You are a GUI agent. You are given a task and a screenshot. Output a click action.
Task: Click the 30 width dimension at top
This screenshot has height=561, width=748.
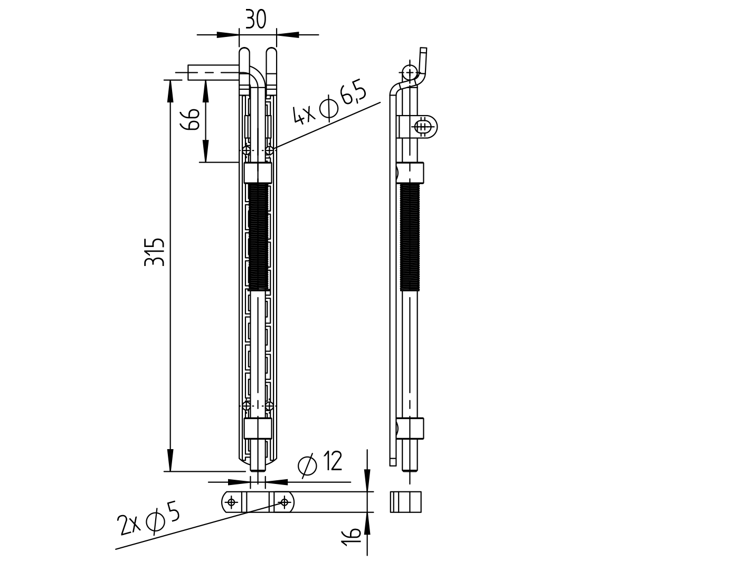(x=255, y=20)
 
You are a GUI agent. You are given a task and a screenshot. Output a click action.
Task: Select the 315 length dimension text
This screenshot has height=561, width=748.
(x=155, y=252)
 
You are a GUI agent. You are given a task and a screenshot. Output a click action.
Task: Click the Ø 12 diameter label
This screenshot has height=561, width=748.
(x=321, y=462)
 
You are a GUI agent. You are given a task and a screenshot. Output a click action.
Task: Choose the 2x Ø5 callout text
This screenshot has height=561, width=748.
(x=149, y=520)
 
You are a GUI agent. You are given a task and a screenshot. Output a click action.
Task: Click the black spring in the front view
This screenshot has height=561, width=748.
(x=258, y=236)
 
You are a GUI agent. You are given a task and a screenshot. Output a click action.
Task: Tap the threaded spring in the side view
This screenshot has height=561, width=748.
(x=411, y=236)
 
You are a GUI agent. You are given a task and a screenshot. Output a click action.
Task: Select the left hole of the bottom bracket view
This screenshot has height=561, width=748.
(x=232, y=501)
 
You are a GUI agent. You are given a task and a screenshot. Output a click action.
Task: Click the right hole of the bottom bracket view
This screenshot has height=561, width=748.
(x=284, y=501)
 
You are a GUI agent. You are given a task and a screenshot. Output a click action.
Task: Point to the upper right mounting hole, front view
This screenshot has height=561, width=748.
(x=270, y=151)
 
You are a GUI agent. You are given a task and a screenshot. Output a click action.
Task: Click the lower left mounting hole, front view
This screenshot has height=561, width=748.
(x=246, y=405)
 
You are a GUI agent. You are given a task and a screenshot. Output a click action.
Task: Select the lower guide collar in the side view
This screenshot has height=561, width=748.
(x=411, y=429)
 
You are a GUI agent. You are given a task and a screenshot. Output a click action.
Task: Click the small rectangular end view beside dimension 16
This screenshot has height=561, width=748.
(x=406, y=501)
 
